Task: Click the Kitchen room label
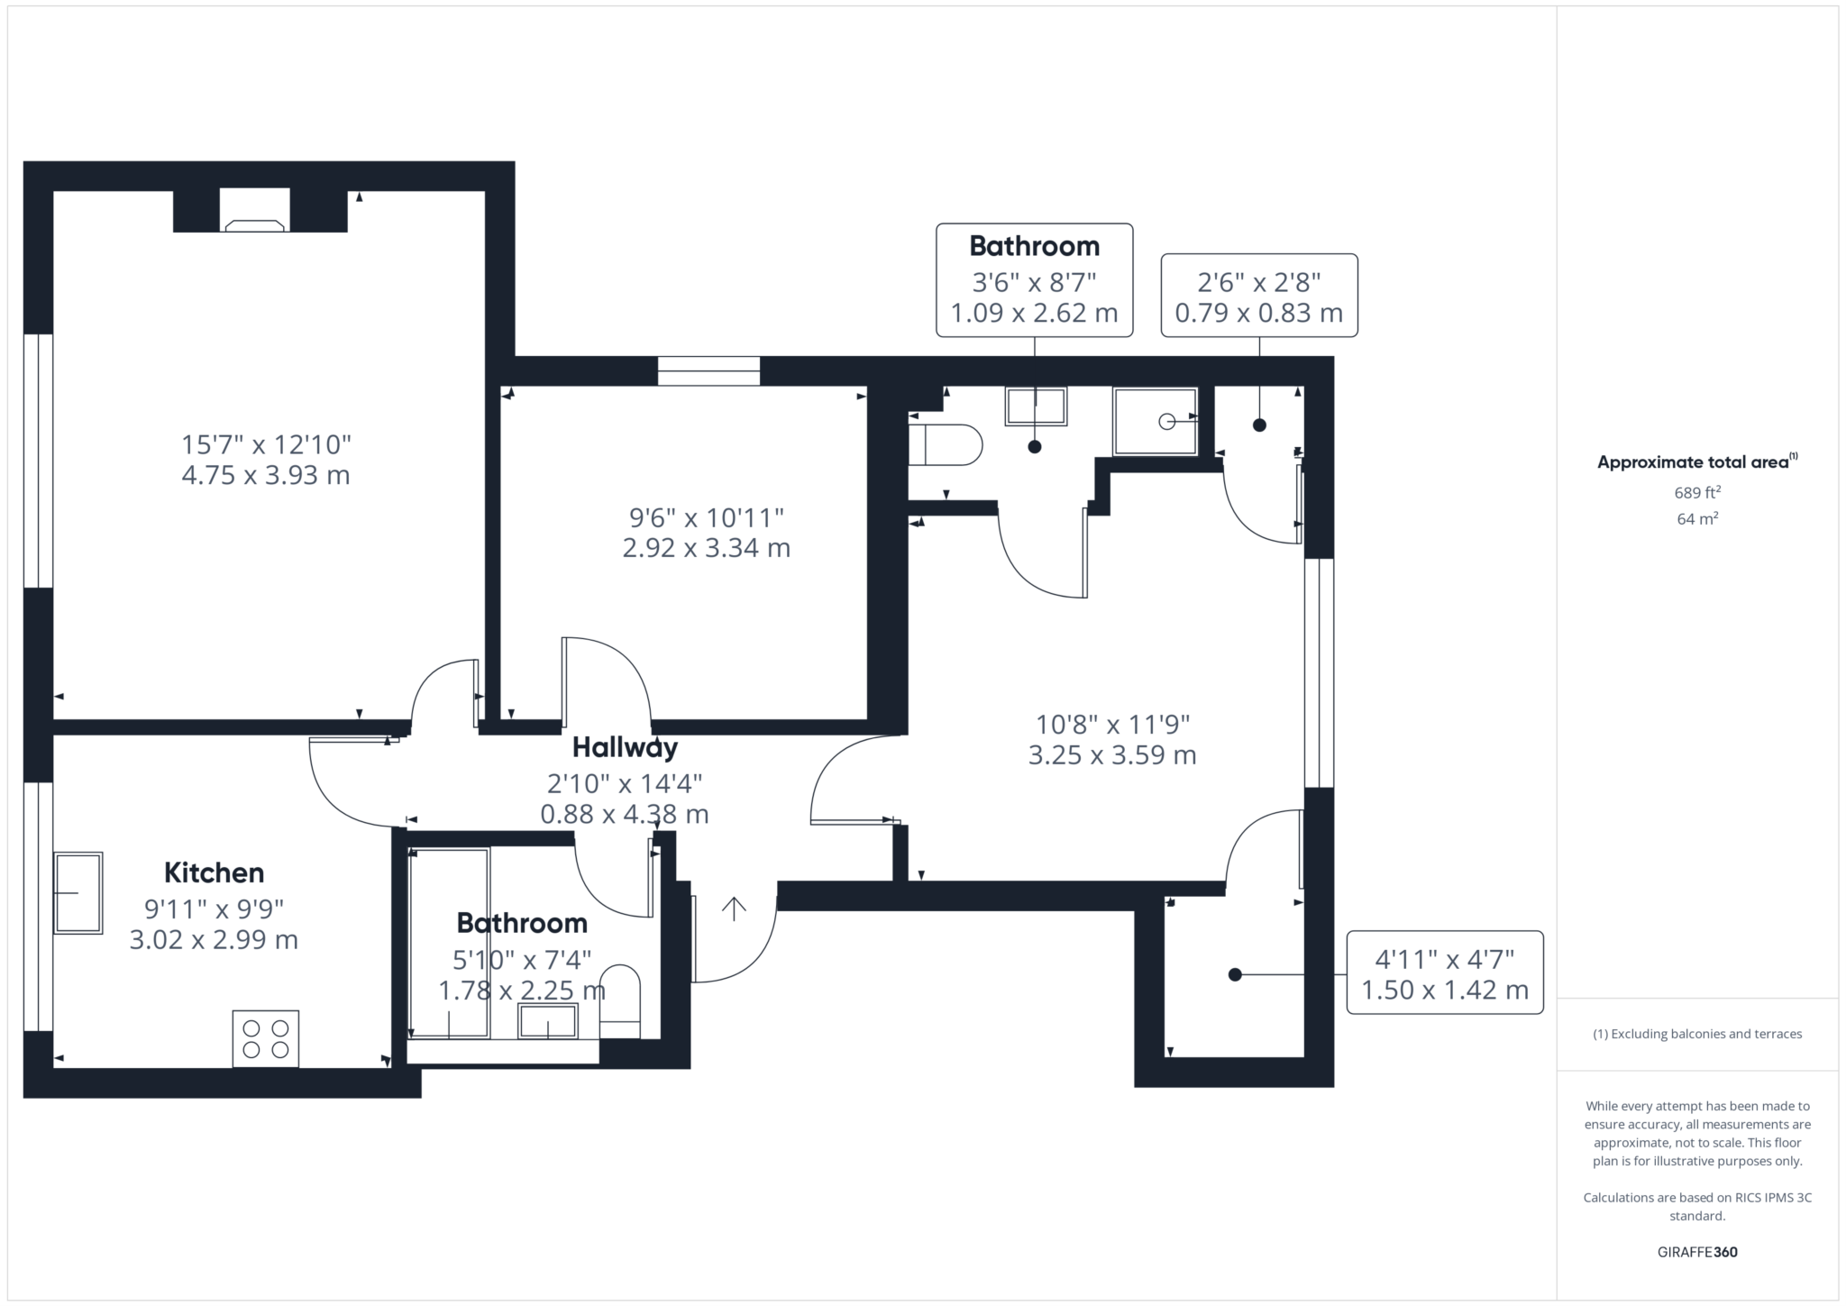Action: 214,872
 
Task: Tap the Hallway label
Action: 625,748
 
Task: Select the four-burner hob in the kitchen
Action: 266,1038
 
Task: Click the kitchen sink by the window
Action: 78,892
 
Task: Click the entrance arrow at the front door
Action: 734,909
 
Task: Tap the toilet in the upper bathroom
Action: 945,444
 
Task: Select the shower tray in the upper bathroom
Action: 1156,421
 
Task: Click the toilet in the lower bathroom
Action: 619,1001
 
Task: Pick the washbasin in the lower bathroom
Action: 547,1022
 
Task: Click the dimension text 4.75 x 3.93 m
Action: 266,475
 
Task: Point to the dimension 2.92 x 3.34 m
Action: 707,548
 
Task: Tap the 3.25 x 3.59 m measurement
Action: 1112,755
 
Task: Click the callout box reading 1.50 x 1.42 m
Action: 1445,973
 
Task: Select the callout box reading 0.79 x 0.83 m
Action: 1259,296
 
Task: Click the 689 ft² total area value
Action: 1698,492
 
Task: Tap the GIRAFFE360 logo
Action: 1698,1252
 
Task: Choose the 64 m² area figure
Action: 1698,518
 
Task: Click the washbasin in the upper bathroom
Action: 1036,406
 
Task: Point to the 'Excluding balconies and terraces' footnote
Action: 1698,1034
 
